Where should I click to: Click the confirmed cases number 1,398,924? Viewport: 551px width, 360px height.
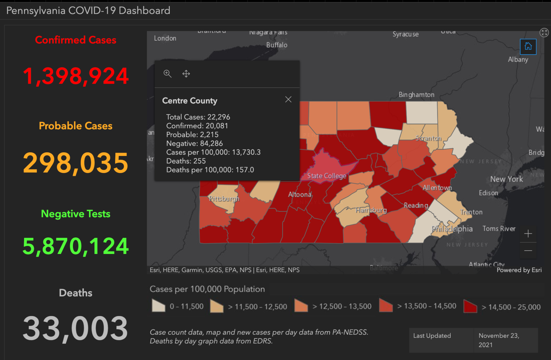[x=76, y=76]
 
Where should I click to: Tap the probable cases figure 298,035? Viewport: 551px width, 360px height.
[x=76, y=163]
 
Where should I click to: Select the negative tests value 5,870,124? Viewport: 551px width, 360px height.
[x=76, y=246]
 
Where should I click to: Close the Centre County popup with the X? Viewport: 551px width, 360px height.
[x=288, y=99]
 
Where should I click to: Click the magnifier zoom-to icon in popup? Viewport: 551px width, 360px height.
[x=167, y=74]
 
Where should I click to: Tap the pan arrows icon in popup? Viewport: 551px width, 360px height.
[x=186, y=74]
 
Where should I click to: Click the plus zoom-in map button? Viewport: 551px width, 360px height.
[x=528, y=234]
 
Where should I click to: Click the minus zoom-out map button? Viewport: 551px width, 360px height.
[x=528, y=251]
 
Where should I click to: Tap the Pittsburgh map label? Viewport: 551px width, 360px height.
[x=224, y=199]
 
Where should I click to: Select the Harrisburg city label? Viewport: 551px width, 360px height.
[x=371, y=210]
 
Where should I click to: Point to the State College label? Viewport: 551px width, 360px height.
[x=326, y=176]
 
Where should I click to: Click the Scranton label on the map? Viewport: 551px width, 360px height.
[x=428, y=138]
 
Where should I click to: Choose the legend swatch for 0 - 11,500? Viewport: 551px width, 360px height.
[x=158, y=306]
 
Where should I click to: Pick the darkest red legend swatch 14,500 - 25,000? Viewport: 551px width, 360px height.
[x=470, y=306]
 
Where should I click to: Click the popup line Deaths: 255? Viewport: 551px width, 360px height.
[x=186, y=161]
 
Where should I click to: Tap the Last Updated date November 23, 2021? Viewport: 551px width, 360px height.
[x=499, y=340]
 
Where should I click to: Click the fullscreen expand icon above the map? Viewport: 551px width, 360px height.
[x=544, y=32]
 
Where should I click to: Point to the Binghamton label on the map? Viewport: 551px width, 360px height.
[x=416, y=95]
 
